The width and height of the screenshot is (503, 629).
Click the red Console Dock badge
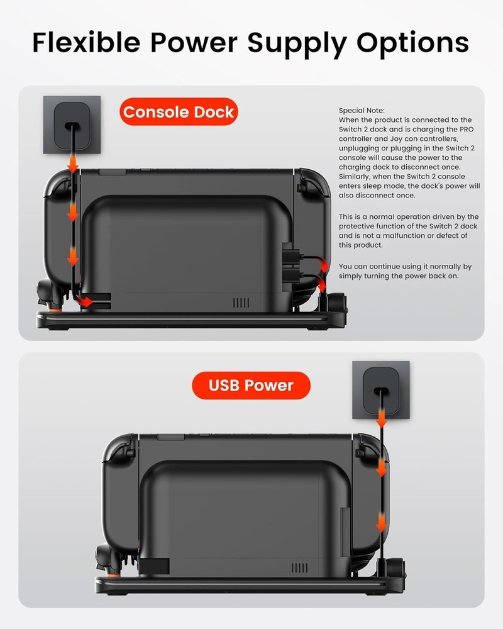[179, 113]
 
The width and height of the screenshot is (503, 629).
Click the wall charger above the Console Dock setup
[72, 125]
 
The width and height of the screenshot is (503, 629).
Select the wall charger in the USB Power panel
[380, 389]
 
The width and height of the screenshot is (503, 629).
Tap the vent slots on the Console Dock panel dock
[241, 303]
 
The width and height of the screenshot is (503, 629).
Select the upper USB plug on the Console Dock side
[290, 257]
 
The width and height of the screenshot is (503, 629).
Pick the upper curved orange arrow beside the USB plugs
[321, 264]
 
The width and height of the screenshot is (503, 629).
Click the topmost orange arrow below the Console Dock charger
[73, 165]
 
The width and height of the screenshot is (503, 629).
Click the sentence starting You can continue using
[405, 271]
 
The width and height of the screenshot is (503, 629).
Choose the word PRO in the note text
[464, 129]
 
